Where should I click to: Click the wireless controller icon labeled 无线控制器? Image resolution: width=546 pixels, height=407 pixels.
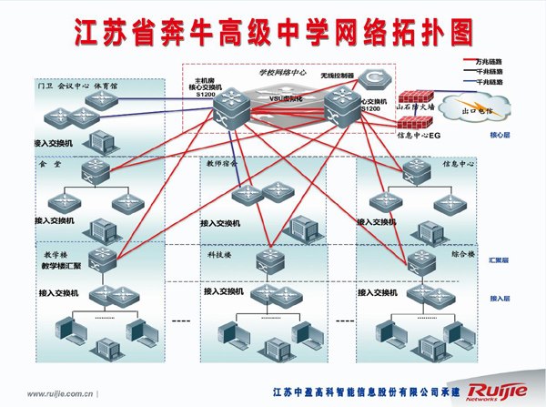pos(371,78)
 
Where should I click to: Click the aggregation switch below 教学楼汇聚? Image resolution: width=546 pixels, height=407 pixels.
pos(102,259)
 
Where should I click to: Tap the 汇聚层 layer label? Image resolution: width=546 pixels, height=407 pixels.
pos(500,260)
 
